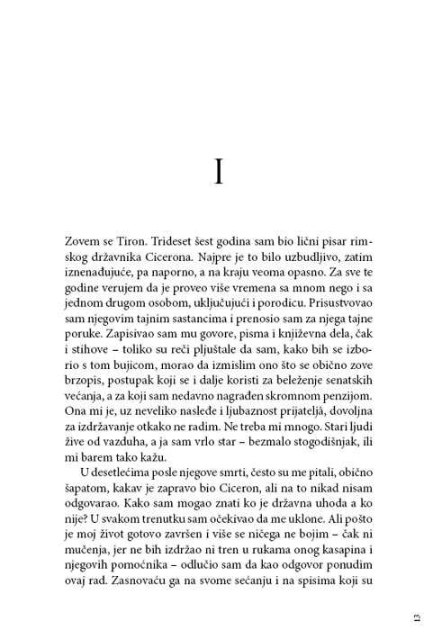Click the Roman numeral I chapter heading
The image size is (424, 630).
(219, 172)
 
